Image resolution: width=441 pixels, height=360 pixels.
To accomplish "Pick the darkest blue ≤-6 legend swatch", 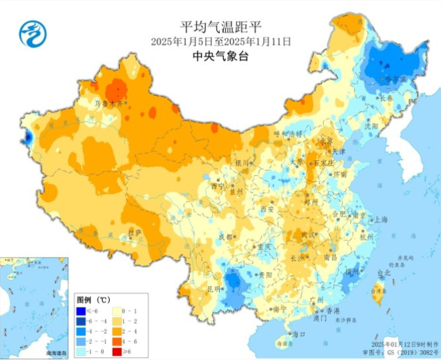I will tap(81, 310).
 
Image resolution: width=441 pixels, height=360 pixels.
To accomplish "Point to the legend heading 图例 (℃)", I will tap(93, 298).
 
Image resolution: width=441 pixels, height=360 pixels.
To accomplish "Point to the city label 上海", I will tap(380, 221).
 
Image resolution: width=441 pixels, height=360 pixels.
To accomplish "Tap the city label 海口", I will tap(299, 334).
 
